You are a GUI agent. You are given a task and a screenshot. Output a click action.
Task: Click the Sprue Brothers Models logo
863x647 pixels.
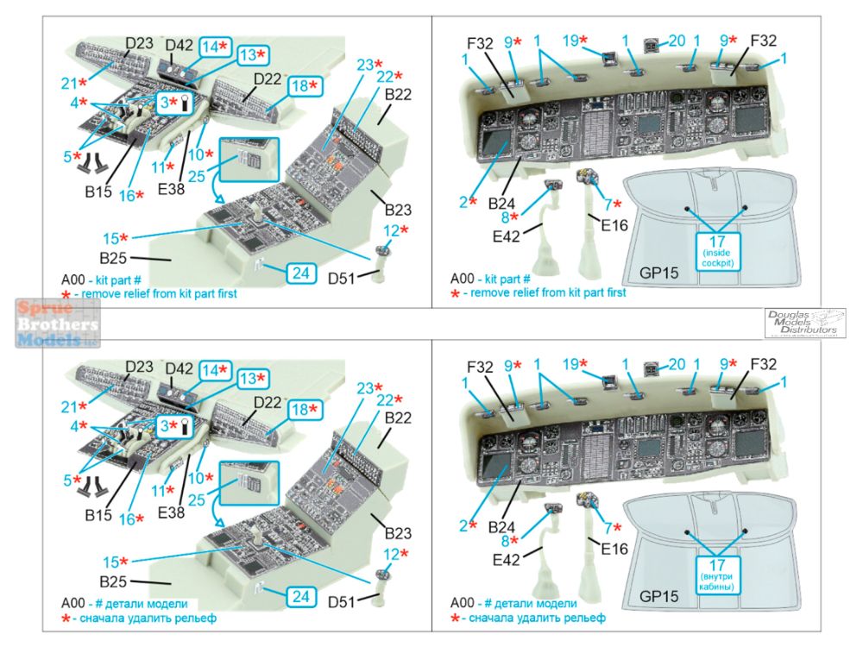(x=51, y=323)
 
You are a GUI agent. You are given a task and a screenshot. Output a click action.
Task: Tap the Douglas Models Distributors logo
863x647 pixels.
(x=804, y=322)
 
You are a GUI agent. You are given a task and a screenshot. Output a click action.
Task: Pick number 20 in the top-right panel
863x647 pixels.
(x=677, y=41)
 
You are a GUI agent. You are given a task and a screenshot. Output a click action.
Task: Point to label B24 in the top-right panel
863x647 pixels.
(x=502, y=203)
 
